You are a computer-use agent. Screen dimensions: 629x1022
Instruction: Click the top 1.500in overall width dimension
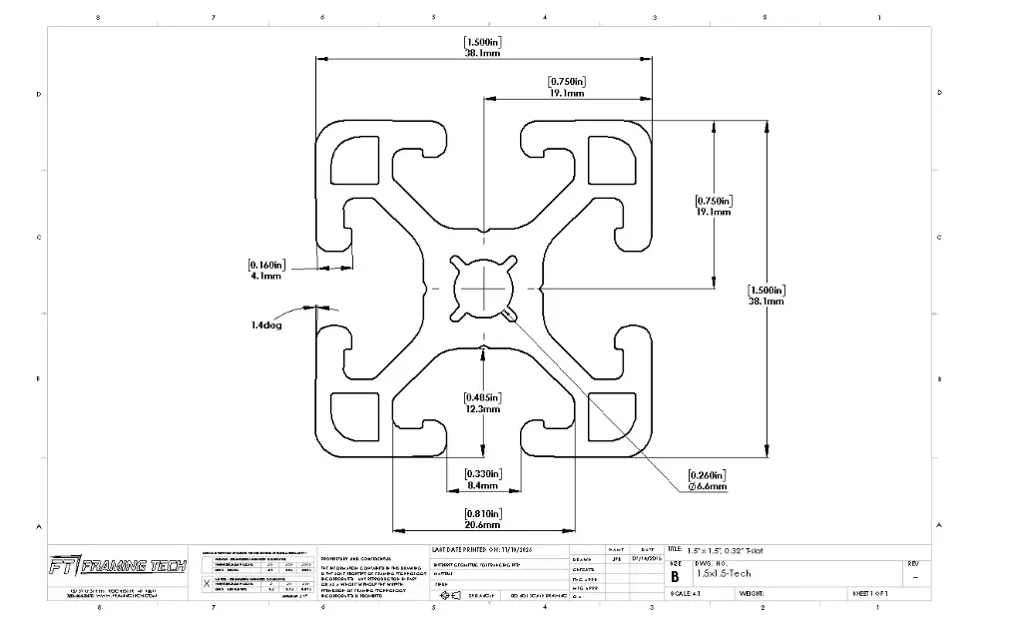click(x=483, y=48)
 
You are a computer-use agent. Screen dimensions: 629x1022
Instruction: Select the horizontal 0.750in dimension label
click(x=567, y=87)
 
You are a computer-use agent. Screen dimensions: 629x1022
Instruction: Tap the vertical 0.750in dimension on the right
click(x=714, y=206)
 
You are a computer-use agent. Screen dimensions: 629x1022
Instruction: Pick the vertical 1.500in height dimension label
click(x=766, y=295)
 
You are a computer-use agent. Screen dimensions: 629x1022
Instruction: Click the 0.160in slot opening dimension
click(x=265, y=270)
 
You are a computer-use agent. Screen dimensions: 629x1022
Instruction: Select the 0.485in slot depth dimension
click(x=483, y=402)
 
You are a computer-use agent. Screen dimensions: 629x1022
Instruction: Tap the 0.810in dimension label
click(x=483, y=518)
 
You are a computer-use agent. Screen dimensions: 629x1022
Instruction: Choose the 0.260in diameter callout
click(x=707, y=480)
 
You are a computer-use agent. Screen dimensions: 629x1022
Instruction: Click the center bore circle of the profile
click(x=483, y=289)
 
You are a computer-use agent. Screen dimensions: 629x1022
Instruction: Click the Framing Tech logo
click(x=118, y=566)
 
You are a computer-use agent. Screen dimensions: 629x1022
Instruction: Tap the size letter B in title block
click(x=675, y=576)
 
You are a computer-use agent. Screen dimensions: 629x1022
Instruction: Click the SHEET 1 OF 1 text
click(x=874, y=593)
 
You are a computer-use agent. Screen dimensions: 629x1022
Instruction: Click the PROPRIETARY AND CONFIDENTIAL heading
click(x=355, y=558)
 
